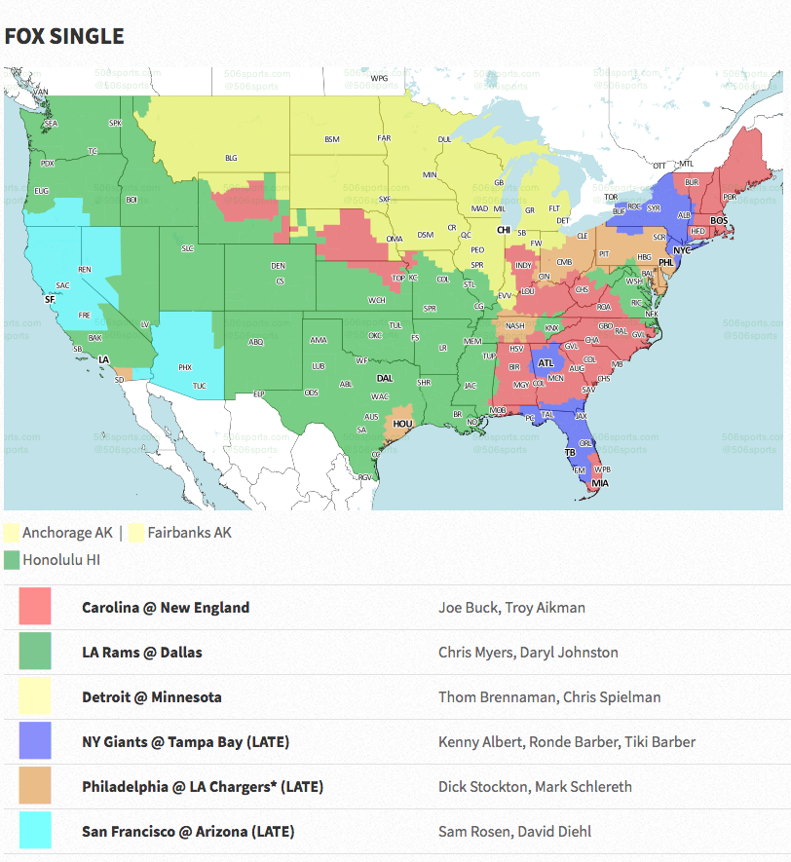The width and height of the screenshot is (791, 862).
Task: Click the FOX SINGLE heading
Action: (64, 37)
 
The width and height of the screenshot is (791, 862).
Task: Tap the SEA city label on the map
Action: (52, 124)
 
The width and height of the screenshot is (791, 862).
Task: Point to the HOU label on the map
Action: (401, 424)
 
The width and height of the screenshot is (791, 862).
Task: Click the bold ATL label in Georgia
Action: (546, 364)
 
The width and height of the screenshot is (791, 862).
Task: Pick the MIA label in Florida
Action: (600, 483)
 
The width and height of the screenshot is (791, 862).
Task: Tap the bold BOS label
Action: (719, 221)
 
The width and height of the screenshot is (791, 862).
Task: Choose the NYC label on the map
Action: (682, 250)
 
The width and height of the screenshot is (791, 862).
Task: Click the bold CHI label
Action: (504, 230)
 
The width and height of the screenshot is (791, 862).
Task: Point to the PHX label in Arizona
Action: (185, 367)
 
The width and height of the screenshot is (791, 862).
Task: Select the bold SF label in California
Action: (50, 300)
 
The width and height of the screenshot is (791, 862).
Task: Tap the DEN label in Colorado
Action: (278, 266)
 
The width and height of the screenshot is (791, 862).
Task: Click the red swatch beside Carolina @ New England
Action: (35, 607)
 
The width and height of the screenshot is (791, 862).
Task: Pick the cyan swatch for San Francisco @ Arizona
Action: (35, 831)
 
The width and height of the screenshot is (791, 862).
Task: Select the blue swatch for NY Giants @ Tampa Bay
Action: (35, 741)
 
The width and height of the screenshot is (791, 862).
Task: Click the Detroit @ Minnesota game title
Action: (151, 696)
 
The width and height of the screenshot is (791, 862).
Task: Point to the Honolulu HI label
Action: (61, 559)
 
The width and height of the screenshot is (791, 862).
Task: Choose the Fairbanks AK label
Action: (189, 533)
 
